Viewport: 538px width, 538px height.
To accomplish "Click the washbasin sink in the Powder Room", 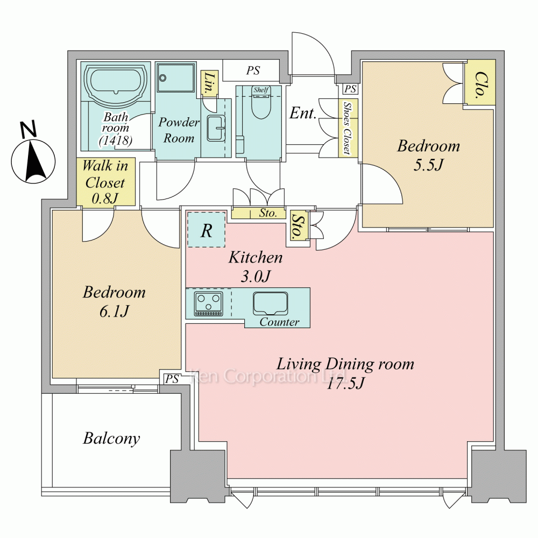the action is click(x=216, y=129).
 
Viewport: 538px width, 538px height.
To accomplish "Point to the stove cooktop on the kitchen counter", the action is click(x=208, y=304).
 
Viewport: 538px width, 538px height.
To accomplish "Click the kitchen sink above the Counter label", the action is click(x=271, y=303).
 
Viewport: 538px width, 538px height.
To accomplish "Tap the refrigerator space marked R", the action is click(x=206, y=230).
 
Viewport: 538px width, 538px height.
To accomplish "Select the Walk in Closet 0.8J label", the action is click(x=105, y=182).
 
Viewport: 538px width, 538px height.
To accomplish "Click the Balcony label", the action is click(x=111, y=438).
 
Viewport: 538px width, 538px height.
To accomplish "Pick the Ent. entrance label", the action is click(x=302, y=113).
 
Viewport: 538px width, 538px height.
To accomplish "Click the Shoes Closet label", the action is click(x=348, y=128).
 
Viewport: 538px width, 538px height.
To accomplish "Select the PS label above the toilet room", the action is click(x=253, y=70).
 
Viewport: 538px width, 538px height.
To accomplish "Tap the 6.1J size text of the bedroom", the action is click(x=114, y=312).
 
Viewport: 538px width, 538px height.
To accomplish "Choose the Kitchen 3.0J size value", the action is click(x=256, y=276).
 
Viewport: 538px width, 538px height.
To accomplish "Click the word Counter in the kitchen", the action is click(x=279, y=322).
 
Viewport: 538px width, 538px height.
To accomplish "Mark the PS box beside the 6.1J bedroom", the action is click(x=172, y=378).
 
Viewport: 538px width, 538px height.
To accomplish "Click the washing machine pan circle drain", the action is click(x=162, y=78).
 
